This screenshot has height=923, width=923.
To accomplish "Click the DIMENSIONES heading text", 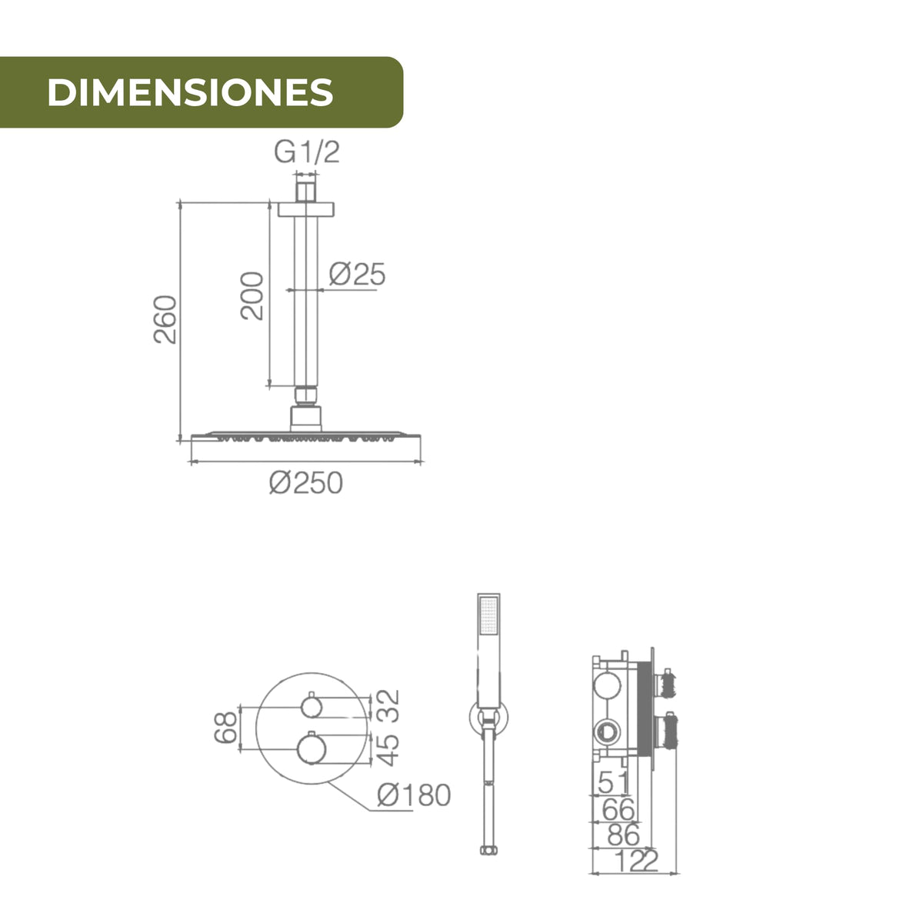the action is (190, 92).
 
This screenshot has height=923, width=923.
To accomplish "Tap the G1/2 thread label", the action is (307, 152).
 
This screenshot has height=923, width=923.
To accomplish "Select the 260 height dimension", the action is (165, 319).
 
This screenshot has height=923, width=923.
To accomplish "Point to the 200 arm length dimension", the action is (252, 295).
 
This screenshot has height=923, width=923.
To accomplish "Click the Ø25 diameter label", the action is (358, 274).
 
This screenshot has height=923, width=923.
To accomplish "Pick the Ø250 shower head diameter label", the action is (306, 482).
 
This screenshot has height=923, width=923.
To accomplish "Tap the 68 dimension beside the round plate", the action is (225, 728).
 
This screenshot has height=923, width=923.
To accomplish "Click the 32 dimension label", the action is (388, 705).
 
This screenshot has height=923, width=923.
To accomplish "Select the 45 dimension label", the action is (388, 750).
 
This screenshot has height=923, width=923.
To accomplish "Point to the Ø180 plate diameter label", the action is (414, 795).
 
